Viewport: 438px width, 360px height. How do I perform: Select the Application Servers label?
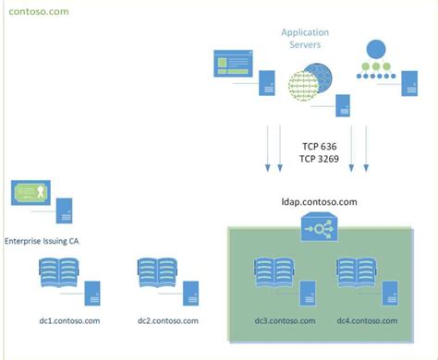pyautogui.click(x=305, y=38)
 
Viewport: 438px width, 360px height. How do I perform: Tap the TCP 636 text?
pyautogui.click(x=321, y=147)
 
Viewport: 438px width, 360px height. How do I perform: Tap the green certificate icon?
pyautogui.click(x=31, y=193)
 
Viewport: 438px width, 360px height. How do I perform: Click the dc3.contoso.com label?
pyautogui.click(x=285, y=320)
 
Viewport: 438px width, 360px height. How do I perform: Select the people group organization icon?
pyautogui.click(x=376, y=60)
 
